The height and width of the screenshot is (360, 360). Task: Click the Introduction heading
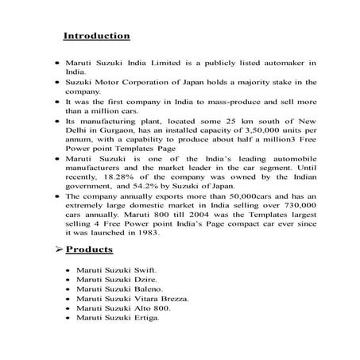pos(96,36)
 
